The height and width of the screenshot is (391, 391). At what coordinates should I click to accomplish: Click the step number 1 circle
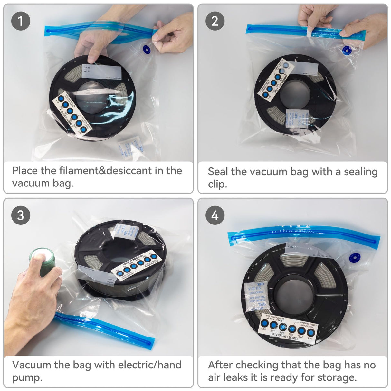tap(21, 21)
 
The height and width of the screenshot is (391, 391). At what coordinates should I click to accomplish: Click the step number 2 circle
tap(215, 21)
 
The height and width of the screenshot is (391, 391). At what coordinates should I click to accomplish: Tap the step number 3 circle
tap(21, 215)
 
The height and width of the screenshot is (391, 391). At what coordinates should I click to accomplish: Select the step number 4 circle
tap(215, 215)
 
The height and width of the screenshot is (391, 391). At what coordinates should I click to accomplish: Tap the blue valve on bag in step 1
tap(147, 49)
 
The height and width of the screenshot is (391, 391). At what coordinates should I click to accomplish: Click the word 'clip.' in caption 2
tap(217, 184)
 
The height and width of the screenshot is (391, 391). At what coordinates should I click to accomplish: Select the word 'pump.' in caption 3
tap(27, 378)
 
